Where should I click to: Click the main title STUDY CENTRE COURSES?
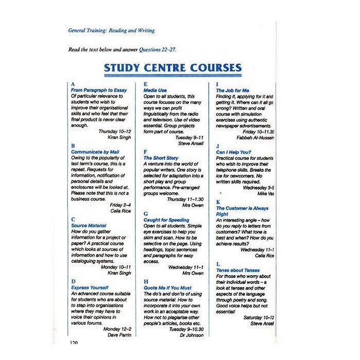click(x=173, y=67)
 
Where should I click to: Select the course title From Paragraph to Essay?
click(x=99, y=90)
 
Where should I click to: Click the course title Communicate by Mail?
click(x=95, y=152)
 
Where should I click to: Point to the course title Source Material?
click(x=89, y=225)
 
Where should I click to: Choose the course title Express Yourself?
click(x=91, y=287)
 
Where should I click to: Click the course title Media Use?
click(x=155, y=90)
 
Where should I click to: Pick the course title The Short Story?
click(x=161, y=158)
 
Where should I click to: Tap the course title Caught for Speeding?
click(x=167, y=220)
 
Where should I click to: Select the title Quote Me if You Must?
click(x=168, y=287)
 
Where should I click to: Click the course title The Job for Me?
click(x=232, y=90)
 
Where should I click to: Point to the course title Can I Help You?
click(x=233, y=152)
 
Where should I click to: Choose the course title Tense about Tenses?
click(x=238, y=270)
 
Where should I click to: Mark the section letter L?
click(x=218, y=263)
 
